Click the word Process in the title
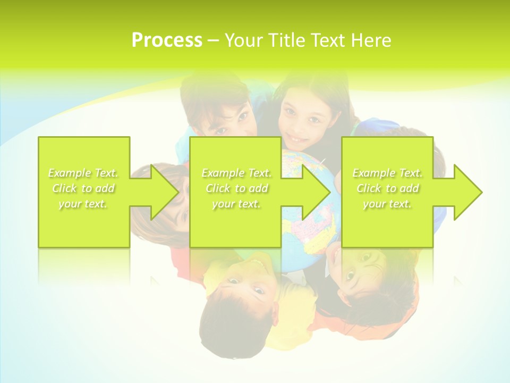[167, 40]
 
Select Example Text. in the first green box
[83, 173]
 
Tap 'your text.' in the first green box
[83, 204]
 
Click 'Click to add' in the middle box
[236, 188]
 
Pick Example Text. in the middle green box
[236, 173]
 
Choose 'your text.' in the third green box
[387, 204]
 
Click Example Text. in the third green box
[387, 173]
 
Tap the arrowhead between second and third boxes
[316, 192]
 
